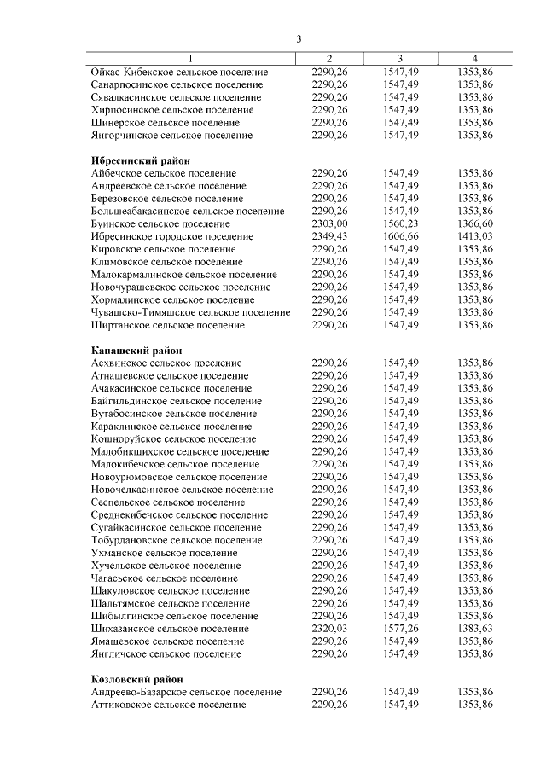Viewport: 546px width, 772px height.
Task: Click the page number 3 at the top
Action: (x=299, y=39)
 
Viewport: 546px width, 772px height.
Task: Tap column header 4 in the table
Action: (x=474, y=58)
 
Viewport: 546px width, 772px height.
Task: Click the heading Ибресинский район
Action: (x=140, y=160)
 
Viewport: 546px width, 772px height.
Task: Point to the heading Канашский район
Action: (x=135, y=350)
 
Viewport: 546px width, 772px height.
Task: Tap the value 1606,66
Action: (x=401, y=236)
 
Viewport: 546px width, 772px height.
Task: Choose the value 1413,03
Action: (x=474, y=236)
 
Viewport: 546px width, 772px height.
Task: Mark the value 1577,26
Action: (x=401, y=628)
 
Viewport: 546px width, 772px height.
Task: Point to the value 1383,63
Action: (x=474, y=628)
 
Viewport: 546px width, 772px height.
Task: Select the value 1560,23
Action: (x=401, y=223)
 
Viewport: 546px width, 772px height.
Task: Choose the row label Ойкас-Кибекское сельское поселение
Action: (x=179, y=73)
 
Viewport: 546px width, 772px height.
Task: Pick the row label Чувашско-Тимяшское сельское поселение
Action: (x=190, y=312)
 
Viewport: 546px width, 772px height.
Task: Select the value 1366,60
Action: (x=474, y=223)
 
